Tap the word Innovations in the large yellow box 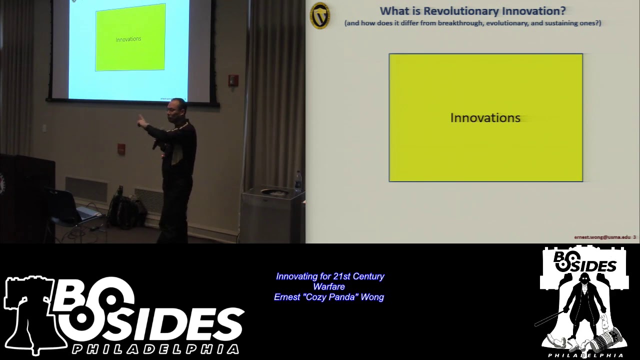[485, 118]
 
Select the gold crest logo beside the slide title [320, 15]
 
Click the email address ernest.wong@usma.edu [602, 237]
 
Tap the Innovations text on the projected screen [128, 39]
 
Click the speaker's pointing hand [141, 120]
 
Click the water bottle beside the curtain [298, 181]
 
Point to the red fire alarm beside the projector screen [233, 80]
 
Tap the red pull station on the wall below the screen [121, 148]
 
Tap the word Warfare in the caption [329, 286]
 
